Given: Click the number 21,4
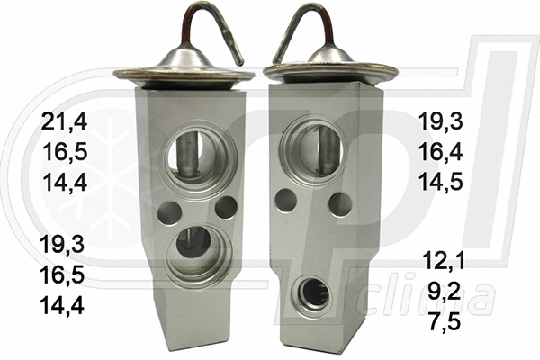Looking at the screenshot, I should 62,121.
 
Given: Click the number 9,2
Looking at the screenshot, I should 447,292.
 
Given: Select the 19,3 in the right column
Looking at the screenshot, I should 443,121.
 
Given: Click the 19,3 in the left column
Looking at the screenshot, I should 62,244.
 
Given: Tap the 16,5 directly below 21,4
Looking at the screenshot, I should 62,150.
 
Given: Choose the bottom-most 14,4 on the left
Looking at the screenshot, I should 62,305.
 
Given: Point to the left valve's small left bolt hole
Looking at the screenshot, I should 168,212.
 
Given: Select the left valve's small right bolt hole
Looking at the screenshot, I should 226,207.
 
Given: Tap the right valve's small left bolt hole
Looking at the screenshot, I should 286,200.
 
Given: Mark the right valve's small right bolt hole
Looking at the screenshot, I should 339,204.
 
